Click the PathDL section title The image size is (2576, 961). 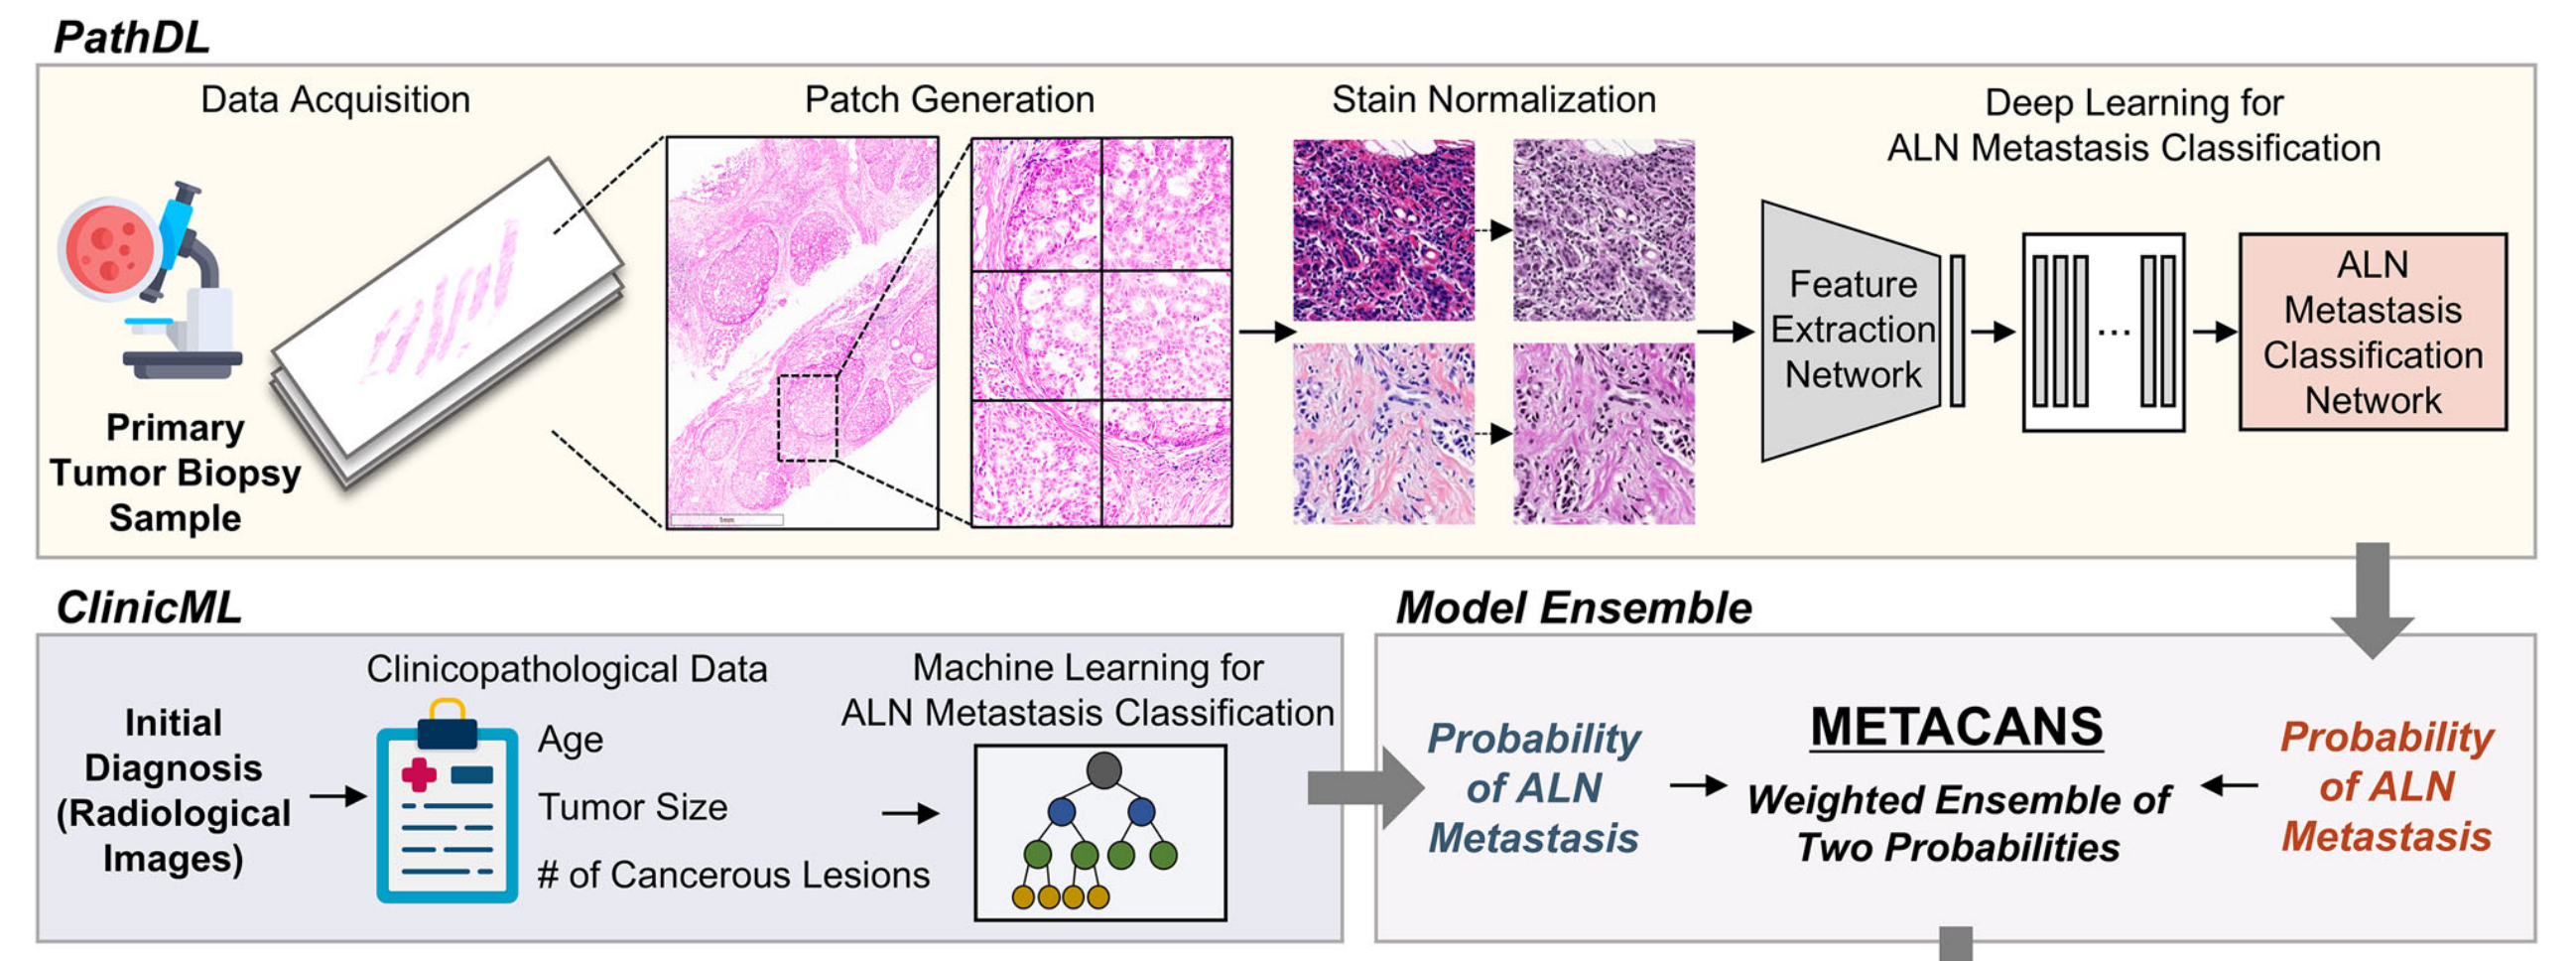[131, 37]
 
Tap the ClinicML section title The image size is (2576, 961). [148, 607]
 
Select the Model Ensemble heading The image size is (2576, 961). [1573, 607]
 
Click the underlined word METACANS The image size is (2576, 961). [1956, 727]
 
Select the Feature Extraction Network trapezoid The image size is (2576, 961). [1850, 330]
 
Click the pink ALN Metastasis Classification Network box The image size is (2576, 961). [2372, 332]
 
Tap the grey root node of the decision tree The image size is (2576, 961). [1103, 770]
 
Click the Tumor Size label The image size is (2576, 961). [632, 807]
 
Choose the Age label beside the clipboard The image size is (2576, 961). [570, 740]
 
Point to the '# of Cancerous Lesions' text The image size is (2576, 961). [733, 875]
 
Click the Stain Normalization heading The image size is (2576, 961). [1493, 99]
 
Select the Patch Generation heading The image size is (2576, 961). [949, 99]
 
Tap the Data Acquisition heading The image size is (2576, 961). [335, 99]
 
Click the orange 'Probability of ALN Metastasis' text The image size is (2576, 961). [2386, 786]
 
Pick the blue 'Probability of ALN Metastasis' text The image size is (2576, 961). [1533, 788]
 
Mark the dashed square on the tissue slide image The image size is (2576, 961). [807, 418]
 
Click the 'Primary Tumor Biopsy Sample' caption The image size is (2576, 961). [175, 472]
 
